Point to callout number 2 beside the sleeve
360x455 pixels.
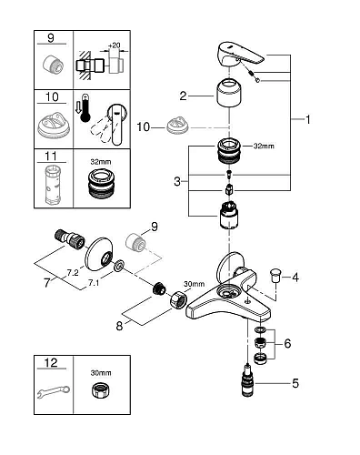[183, 95]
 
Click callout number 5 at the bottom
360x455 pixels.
[295, 383]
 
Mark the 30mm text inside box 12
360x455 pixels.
[97, 373]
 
